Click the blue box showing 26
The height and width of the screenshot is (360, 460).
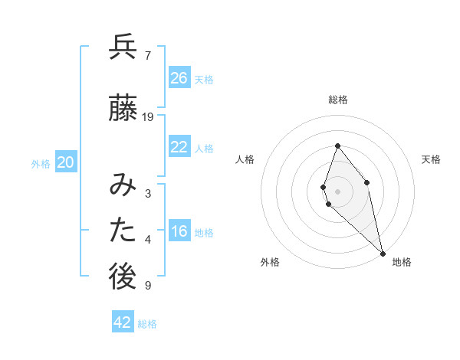[179, 78]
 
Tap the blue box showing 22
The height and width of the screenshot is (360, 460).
[179, 147]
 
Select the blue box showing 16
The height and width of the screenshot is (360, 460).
[179, 231]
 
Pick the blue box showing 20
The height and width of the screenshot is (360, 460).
[66, 162]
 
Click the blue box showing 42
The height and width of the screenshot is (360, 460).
[123, 322]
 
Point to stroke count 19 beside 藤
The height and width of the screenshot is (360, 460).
[148, 117]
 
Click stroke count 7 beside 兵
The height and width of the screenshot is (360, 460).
[147, 56]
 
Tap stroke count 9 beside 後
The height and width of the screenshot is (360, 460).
[147, 286]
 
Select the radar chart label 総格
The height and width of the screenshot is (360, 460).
[338, 100]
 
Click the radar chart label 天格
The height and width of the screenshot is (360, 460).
[432, 159]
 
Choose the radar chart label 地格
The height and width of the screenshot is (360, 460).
[402, 262]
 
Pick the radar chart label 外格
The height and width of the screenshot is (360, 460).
[270, 262]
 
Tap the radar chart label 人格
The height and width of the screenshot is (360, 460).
[245, 159]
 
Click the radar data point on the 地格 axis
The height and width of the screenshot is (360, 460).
[383, 253]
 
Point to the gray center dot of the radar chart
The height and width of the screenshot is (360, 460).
[338, 191]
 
